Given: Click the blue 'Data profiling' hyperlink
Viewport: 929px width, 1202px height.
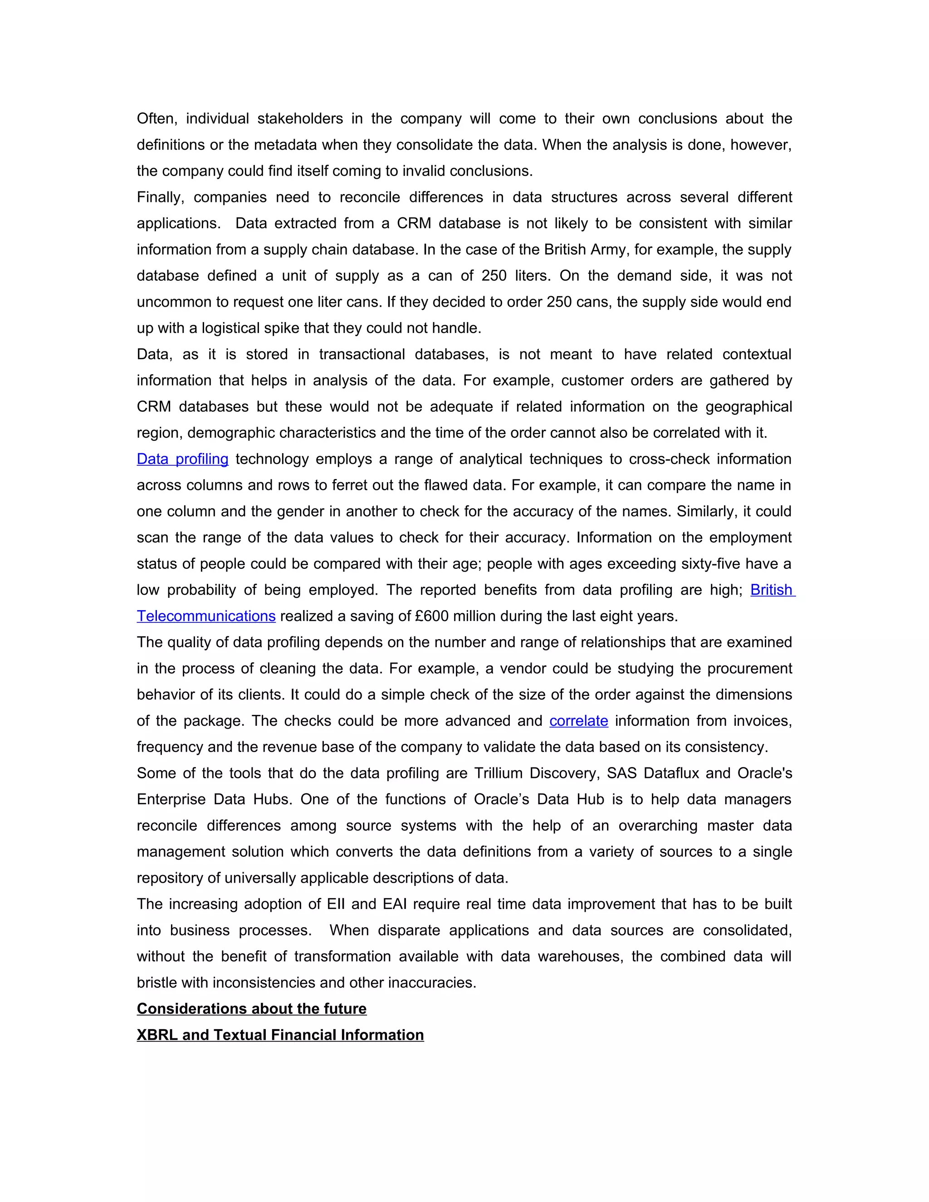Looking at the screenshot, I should click(182, 459).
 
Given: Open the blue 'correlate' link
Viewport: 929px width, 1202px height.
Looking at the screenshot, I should click(578, 721).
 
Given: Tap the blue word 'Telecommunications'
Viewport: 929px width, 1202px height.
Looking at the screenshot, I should click(206, 616).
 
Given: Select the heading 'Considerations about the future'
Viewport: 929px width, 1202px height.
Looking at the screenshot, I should click(251, 1009).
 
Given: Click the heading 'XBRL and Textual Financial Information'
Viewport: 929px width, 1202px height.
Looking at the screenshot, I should click(280, 1035).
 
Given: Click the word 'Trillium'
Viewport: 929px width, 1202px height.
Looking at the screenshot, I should click(498, 773).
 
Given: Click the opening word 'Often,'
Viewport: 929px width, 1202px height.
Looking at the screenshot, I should click(157, 119).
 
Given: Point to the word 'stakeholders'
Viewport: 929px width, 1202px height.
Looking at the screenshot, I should click(300, 119).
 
